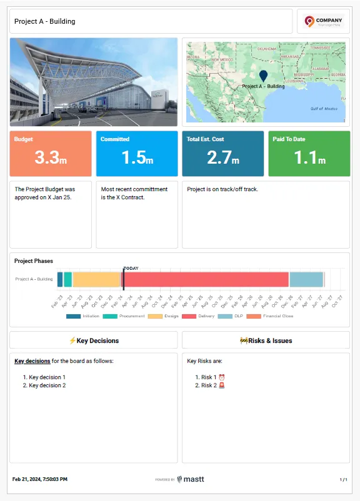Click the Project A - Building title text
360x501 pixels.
(x=45, y=21)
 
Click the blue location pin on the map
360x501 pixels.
(x=262, y=76)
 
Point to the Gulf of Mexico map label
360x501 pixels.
(x=324, y=108)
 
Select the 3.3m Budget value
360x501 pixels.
(x=50, y=159)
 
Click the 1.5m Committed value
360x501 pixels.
(x=136, y=159)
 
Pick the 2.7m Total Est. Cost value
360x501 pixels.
(x=222, y=159)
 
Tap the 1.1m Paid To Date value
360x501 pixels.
(x=309, y=159)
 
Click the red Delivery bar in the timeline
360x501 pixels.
(x=206, y=279)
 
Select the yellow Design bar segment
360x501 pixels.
(x=96, y=279)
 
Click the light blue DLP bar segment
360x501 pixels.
(x=306, y=279)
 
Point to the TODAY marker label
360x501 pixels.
(x=131, y=268)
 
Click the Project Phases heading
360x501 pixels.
(x=34, y=261)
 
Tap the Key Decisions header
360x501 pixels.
(x=94, y=340)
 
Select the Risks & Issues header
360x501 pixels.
(x=266, y=340)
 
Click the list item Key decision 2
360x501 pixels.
(x=47, y=385)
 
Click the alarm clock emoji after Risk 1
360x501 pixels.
(x=221, y=377)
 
